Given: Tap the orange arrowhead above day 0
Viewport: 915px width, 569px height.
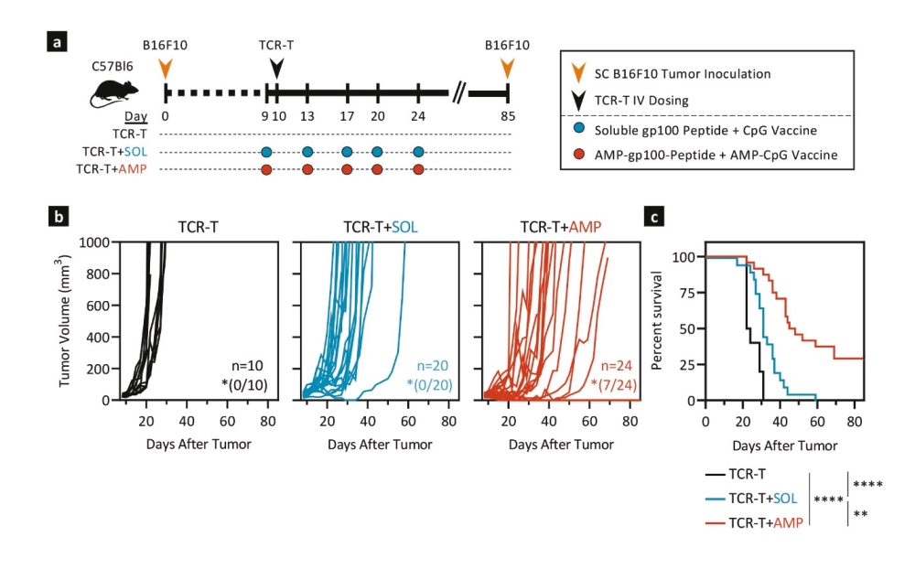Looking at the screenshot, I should click(x=165, y=69).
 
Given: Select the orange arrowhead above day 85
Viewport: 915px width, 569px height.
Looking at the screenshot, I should click(x=507, y=69).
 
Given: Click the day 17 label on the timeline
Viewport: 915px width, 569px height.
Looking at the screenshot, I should click(x=347, y=117).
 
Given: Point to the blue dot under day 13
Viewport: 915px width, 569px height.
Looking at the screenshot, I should click(x=307, y=152).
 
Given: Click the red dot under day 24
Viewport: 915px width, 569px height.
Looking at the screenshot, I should click(x=418, y=169).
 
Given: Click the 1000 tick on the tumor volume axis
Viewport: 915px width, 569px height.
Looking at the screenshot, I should click(x=91, y=242).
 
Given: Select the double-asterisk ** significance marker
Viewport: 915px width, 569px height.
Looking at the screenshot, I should click(x=860, y=514).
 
